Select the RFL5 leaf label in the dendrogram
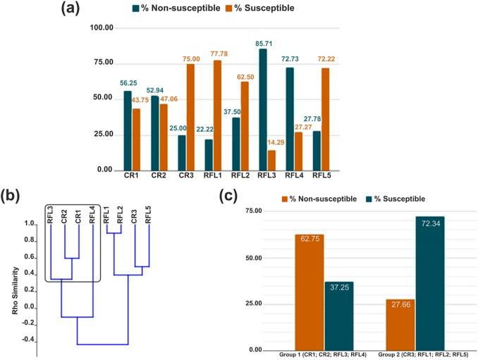(148, 213)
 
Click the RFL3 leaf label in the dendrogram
(51, 213)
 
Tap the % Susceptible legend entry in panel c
(400, 198)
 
